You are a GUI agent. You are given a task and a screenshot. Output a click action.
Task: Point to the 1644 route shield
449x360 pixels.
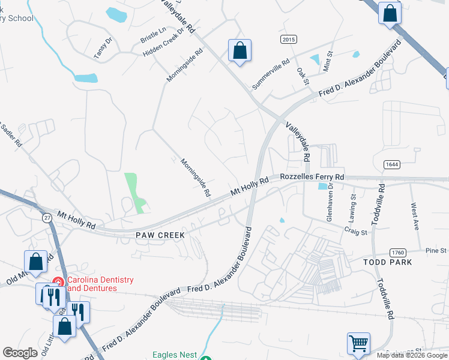pyautogui.click(x=391, y=164)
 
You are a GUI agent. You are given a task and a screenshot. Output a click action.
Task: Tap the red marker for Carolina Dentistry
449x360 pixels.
pyautogui.click(x=58, y=281)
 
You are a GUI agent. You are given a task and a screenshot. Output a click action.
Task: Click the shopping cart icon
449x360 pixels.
pyautogui.click(x=358, y=344)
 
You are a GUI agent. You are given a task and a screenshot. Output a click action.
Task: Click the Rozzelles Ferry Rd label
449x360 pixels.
pyautogui.click(x=312, y=177)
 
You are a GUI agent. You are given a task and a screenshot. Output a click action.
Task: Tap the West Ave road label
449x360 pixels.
pyautogui.click(x=415, y=217)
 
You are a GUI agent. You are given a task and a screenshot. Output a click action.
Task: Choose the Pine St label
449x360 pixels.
pyautogui.click(x=435, y=250)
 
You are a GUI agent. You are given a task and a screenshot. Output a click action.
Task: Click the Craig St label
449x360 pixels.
pyautogui.click(x=355, y=229)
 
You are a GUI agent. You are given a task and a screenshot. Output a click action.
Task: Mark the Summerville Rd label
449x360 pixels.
pyautogui.click(x=271, y=74)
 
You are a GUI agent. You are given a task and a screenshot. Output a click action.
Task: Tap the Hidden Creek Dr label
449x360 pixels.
pyautogui.click(x=162, y=46)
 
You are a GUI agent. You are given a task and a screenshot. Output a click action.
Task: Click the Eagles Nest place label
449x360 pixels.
pyautogui.click(x=174, y=355)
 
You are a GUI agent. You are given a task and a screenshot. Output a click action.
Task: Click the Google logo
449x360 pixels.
pyautogui.click(x=20, y=353)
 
